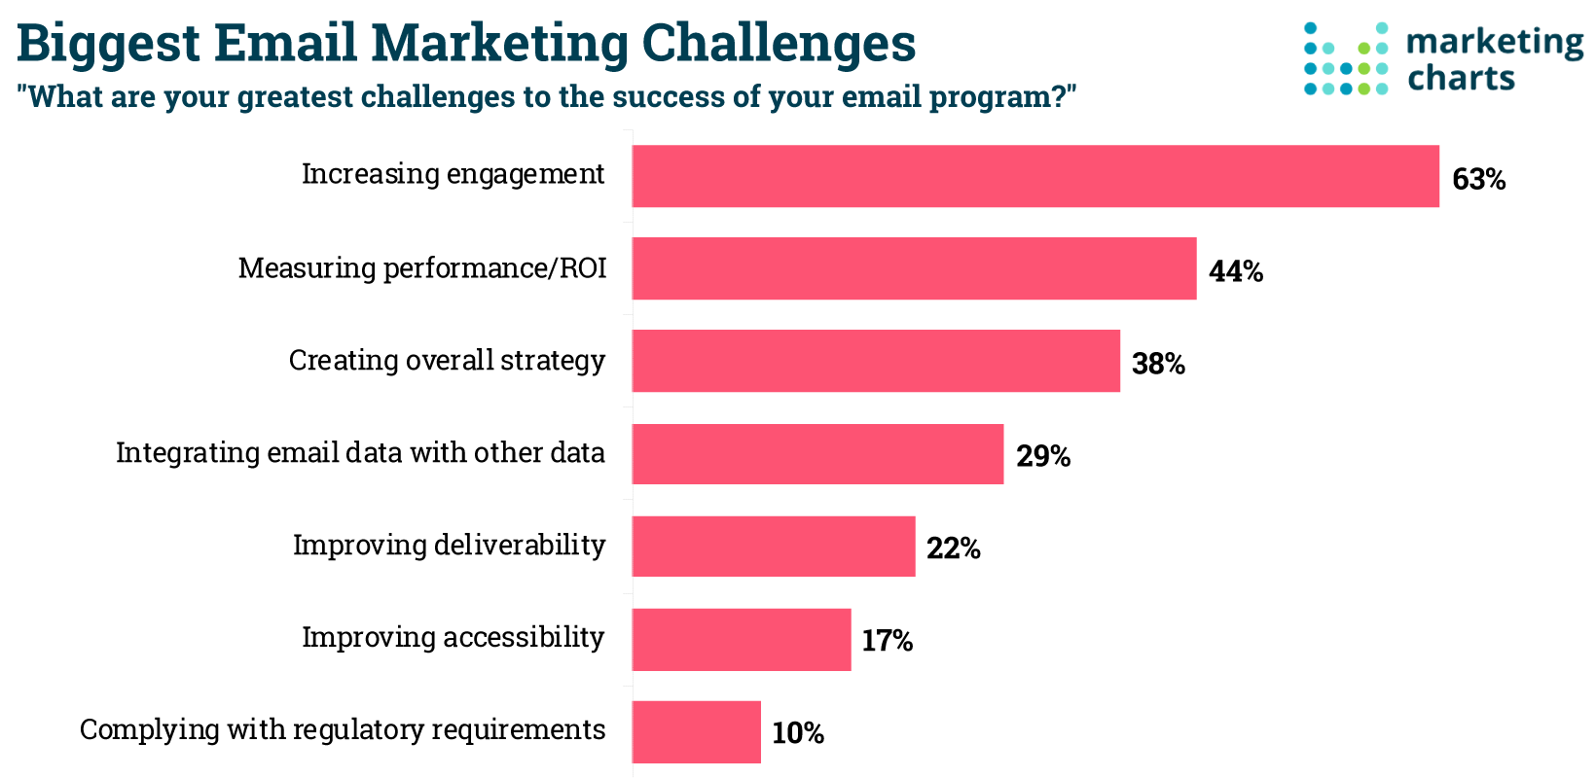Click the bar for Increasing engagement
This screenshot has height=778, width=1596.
pos(1035,176)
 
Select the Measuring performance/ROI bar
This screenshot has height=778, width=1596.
pos(914,268)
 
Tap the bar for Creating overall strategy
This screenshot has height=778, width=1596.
pos(876,361)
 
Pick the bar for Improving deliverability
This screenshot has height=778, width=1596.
pos(774,547)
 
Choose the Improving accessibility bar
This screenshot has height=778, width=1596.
pos(742,639)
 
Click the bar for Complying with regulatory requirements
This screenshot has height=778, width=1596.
pos(697,731)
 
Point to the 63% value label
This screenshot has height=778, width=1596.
pos(1478,180)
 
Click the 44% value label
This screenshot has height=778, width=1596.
pos(1236,272)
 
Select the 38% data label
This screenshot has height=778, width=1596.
pos(1158,365)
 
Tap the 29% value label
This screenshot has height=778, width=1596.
pos(1043,457)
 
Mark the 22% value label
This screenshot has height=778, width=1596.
pos(954,549)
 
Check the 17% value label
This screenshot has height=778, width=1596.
pos(887,642)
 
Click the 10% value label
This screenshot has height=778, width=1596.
pos(798,734)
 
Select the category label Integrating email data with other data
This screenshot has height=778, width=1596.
pos(360,453)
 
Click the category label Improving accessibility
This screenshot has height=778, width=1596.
pos(453,638)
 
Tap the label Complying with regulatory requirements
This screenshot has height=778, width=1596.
pos(343,730)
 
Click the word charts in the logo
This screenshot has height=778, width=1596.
pos(1462,78)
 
